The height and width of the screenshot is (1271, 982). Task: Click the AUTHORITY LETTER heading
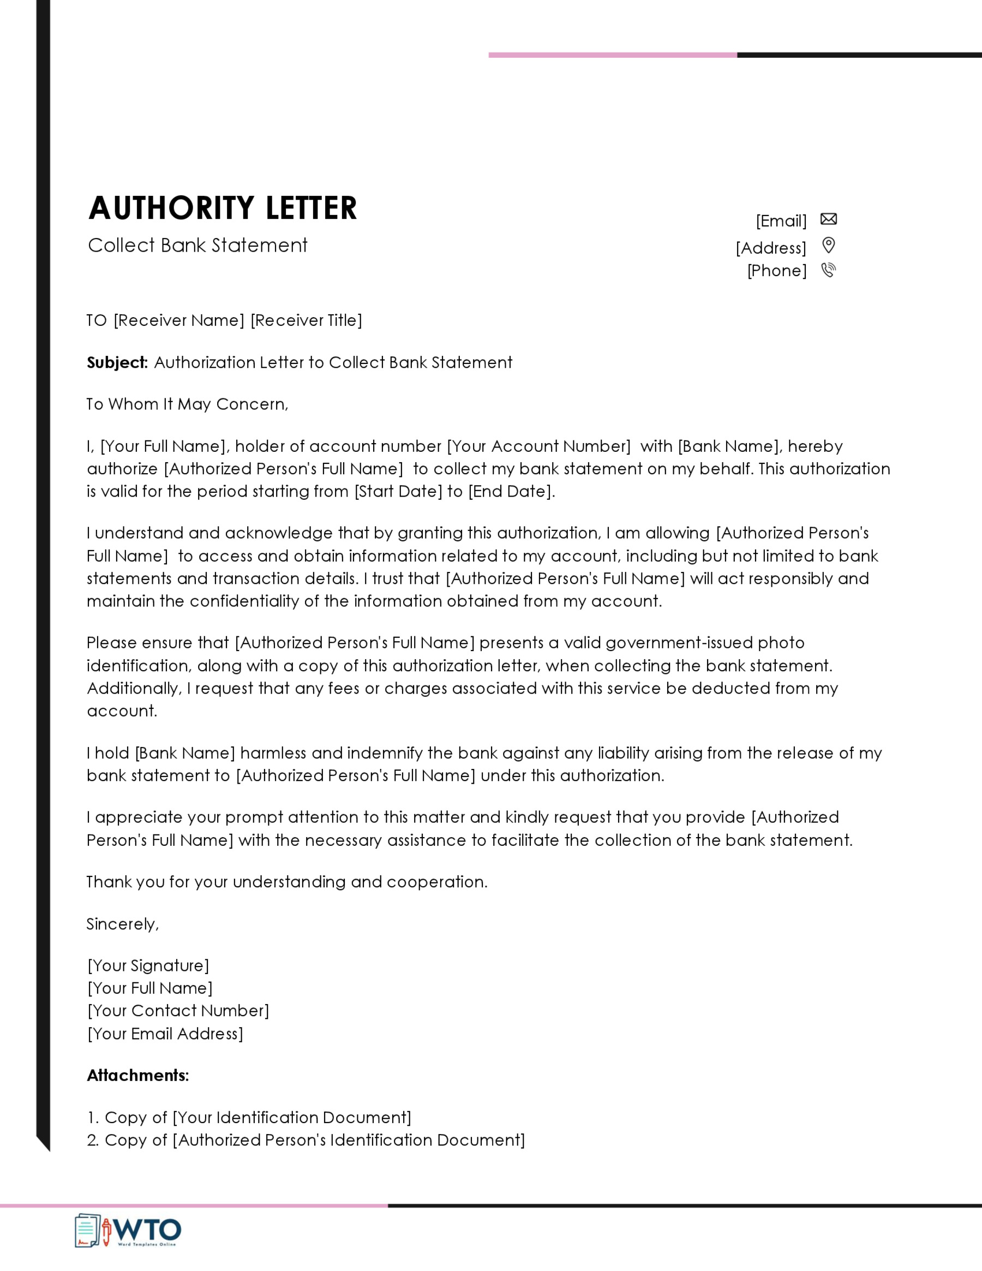222,208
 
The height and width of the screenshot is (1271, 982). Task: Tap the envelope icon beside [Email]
828,219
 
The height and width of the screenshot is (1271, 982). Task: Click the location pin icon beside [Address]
828,246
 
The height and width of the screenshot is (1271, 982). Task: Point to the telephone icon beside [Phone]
828,270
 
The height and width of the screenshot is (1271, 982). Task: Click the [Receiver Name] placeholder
179,321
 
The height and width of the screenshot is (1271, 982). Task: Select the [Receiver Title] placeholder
307,321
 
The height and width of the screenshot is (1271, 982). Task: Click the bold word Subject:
117,362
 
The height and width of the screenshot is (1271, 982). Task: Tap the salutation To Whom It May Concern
187,404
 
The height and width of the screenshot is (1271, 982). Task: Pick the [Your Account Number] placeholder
538,446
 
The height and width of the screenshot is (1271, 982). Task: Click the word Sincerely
122,924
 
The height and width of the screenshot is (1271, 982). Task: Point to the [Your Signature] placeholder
148,966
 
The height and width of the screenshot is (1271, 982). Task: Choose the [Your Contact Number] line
178,1011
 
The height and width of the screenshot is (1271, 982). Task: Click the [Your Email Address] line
165,1034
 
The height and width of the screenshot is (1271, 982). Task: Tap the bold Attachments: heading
138,1076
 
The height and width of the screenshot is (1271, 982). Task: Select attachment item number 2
306,1140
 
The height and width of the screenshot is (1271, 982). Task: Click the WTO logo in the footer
128,1231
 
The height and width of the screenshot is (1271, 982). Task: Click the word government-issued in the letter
679,643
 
